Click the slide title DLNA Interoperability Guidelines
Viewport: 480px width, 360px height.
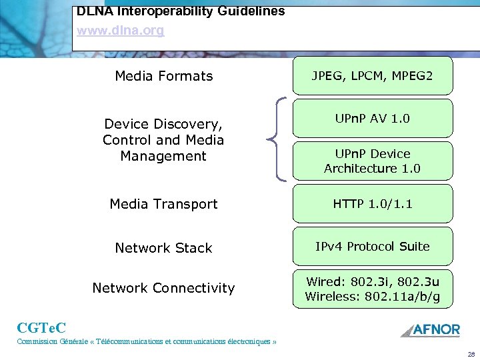(x=181, y=11)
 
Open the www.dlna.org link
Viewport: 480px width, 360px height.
(x=120, y=31)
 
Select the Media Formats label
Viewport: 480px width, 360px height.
(x=163, y=76)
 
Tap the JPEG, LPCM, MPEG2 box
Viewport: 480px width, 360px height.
(x=372, y=76)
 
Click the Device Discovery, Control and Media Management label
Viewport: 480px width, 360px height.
(x=163, y=140)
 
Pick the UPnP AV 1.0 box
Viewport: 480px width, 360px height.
(x=372, y=119)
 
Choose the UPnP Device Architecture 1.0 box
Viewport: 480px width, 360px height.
(x=372, y=161)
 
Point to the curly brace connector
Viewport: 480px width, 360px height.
(x=277, y=139)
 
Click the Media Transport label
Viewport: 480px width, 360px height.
(x=163, y=204)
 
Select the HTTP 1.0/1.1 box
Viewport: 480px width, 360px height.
(x=372, y=203)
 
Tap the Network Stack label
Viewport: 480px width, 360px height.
(x=163, y=248)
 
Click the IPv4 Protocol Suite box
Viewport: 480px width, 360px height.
(x=372, y=246)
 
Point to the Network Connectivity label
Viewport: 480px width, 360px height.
(x=163, y=288)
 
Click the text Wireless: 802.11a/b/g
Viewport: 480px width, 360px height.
(x=372, y=296)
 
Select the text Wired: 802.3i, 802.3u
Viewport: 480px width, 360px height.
(x=372, y=281)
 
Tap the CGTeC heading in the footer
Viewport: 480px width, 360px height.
(x=41, y=327)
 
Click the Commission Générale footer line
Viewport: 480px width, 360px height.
(x=146, y=342)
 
